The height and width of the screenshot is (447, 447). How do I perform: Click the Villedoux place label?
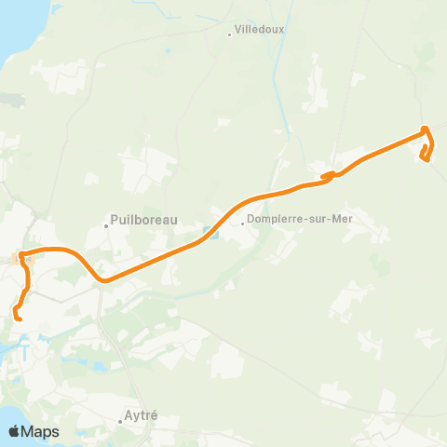click(x=261, y=29)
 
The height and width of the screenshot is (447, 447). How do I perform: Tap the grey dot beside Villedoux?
click(x=230, y=35)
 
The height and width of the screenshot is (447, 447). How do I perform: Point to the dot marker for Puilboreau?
click(x=106, y=223)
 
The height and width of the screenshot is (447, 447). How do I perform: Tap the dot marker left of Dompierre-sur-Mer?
click(x=241, y=223)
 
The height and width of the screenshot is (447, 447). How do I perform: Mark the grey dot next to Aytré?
click(x=120, y=421)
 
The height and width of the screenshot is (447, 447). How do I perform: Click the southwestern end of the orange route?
click(x=20, y=320)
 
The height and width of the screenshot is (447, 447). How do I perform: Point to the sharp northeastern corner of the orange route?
click(x=425, y=129)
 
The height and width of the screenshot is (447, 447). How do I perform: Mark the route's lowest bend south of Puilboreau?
click(x=104, y=279)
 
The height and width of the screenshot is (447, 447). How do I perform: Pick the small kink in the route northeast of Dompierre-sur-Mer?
click(x=329, y=174)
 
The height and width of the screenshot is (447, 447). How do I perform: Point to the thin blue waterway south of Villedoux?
click(x=276, y=93)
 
